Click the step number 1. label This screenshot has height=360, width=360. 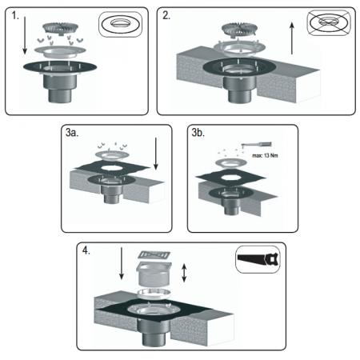coord(15,16)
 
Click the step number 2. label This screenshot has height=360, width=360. coord(166,16)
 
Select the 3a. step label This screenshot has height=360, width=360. coord(72,133)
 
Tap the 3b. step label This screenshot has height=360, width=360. coord(198,133)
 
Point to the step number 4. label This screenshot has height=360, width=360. coord(86,250)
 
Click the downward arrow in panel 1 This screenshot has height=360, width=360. coord(25,35)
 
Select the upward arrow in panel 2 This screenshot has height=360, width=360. coord(292,38)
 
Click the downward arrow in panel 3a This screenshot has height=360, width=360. coord(156,154)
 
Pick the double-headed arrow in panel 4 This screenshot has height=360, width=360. coord(184,273)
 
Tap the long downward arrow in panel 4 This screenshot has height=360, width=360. coord(122,263)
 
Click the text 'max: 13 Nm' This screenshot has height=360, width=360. coord(265,155)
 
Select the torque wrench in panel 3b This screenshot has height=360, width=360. coord(256,145)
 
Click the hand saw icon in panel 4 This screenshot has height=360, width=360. coord(258,259)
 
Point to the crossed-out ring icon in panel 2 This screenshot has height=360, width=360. coord(330,22)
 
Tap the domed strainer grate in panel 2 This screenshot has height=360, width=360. coord(240,30)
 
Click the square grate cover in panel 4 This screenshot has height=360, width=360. coord(154,255)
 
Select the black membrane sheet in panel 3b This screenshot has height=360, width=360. coord(230,178)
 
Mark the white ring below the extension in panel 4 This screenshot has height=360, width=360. coord(154,294)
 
